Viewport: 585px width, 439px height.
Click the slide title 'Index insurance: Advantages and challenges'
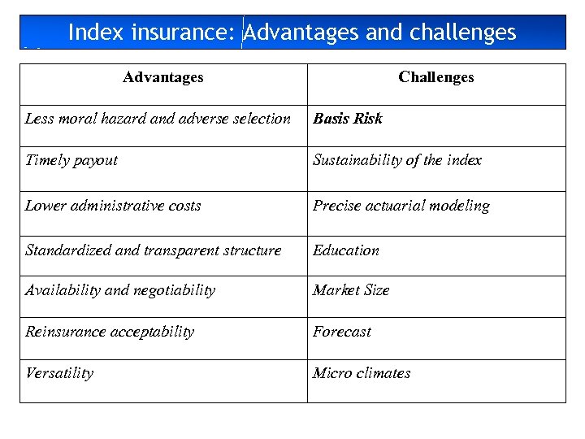[x=292, y=33]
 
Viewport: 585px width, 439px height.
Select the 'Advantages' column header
[x=162, y=78]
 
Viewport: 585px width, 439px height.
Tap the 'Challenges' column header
[x=435, y=78]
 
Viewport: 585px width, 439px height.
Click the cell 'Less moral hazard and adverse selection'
[x=158, y=119]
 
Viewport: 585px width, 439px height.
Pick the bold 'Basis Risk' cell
[x=348, y=119]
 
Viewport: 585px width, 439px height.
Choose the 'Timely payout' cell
[x=71, y=160]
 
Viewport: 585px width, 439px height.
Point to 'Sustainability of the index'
[x=397, y=160]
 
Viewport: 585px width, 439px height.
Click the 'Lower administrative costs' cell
[x=113, y=206]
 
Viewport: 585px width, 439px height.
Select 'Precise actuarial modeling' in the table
[x=401, y=206]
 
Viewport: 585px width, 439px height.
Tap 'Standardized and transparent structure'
[x=154, y=250]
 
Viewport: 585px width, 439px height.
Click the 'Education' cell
[x=346, y=250]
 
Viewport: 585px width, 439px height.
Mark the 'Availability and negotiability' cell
[x=120, y=290]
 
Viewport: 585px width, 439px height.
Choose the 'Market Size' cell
[x=351, y=290]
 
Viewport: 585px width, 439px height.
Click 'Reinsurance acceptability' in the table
[x=110, y=332]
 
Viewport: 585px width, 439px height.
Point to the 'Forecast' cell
[x=342, y=332]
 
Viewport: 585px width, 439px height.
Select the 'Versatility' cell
[x=59, y=373]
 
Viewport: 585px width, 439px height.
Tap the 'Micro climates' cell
[x=362, y=373]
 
